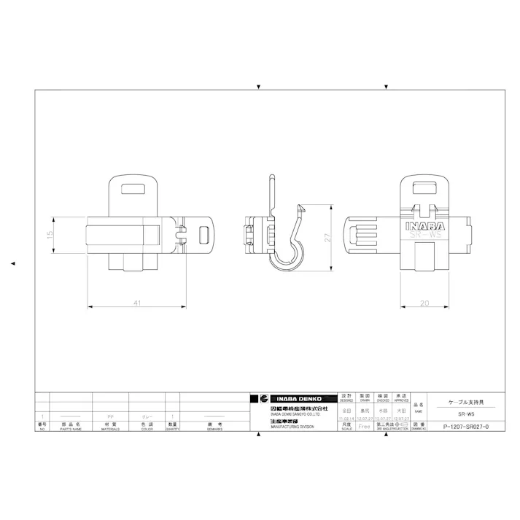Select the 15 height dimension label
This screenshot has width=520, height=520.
[50, 235]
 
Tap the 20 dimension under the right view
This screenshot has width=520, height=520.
[424, 303]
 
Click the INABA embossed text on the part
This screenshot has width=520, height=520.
[424, 225]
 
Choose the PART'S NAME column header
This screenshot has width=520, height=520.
[71, 427]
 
